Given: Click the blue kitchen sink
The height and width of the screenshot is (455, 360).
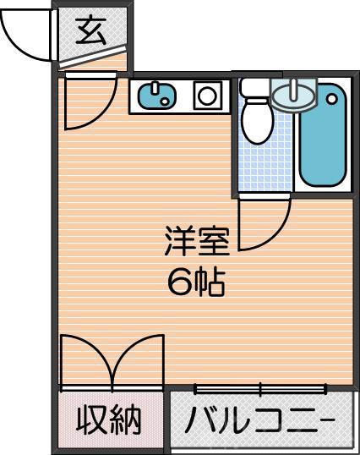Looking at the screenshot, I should pyautogui.click(x=155, y=96).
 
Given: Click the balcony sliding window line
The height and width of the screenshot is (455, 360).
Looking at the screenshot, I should pyautogui.click(x=261, y=390).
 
